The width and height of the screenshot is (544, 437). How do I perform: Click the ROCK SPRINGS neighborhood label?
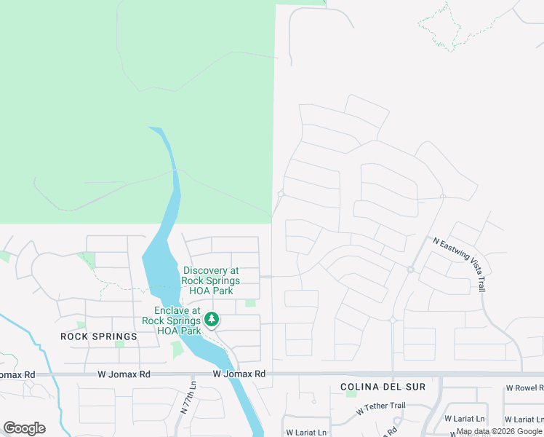point(99,336)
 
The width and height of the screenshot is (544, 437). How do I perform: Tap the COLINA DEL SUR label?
point(383,387)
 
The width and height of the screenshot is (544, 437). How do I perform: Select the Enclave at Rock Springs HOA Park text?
point(172,320)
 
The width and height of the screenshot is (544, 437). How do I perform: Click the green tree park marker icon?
point(212,319)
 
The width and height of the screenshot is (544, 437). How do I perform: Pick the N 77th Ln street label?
point(186,398)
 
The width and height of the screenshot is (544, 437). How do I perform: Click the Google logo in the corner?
point(24,428)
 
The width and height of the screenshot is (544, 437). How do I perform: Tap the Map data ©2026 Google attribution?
point(499,431)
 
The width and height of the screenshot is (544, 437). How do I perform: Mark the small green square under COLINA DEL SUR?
point(352,394)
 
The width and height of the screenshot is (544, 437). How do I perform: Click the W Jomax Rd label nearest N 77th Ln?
point(239,374)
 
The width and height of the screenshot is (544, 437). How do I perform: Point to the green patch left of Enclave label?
point(177,350)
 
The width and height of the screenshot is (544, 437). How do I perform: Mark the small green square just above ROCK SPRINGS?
point(81,325)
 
